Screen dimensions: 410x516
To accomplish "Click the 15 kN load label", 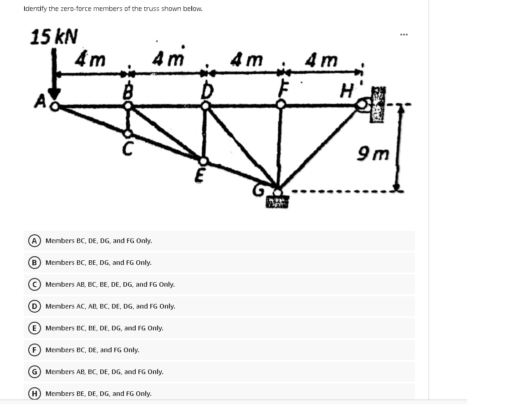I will point(54,36).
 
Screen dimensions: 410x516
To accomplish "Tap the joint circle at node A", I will point(55,106).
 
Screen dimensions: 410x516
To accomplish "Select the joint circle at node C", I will point(128,133).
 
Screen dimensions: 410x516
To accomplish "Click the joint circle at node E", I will point(204,161).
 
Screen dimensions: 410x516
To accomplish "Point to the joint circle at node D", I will point(206,106).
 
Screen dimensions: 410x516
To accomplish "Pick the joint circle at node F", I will point(281,105).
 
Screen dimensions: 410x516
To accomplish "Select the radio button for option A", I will point(34,241).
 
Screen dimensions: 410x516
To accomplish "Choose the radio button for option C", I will point(34,284).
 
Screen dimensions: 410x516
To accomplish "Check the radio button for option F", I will point(34,350).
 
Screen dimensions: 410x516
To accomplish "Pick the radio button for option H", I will point(34,394).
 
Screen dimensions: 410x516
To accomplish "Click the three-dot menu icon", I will point(404,35).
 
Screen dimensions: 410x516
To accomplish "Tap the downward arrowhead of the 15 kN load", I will point(55,94).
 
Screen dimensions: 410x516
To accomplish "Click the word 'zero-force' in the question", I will point(77,9).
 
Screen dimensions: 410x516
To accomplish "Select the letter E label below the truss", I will point(199,175).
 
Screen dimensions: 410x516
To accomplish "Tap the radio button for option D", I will point(34,306).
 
